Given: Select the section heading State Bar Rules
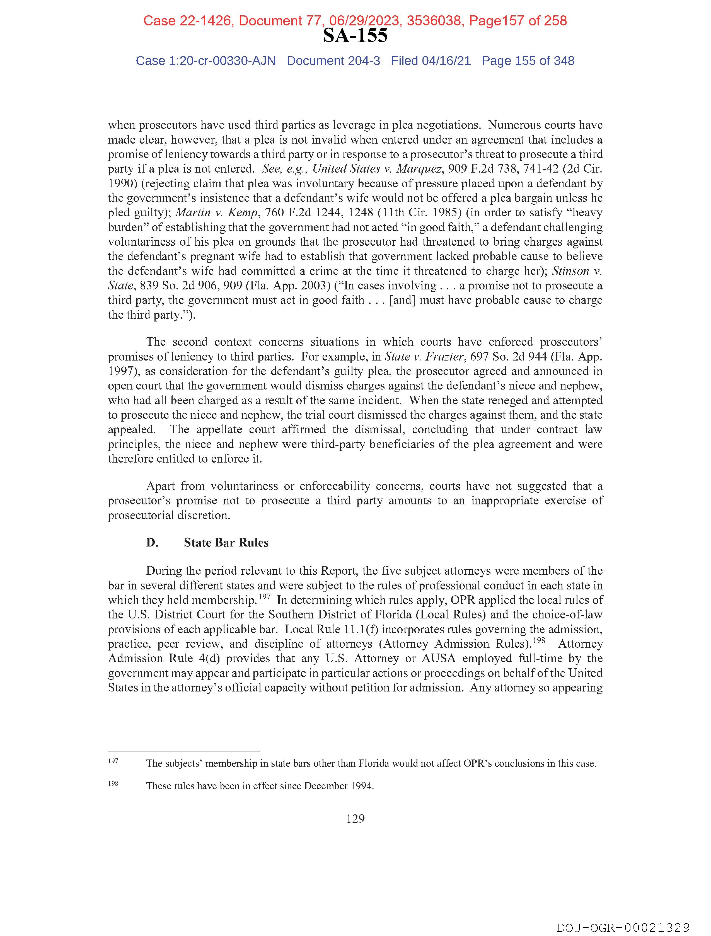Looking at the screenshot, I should tap(226, 543).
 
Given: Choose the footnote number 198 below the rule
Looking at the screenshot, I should tap(113, 783).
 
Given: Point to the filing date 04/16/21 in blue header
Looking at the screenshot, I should tap(446, 61).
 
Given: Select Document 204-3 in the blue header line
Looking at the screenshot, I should tap(333, 61).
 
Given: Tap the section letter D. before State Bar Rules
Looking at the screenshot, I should tap(152, 543).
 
